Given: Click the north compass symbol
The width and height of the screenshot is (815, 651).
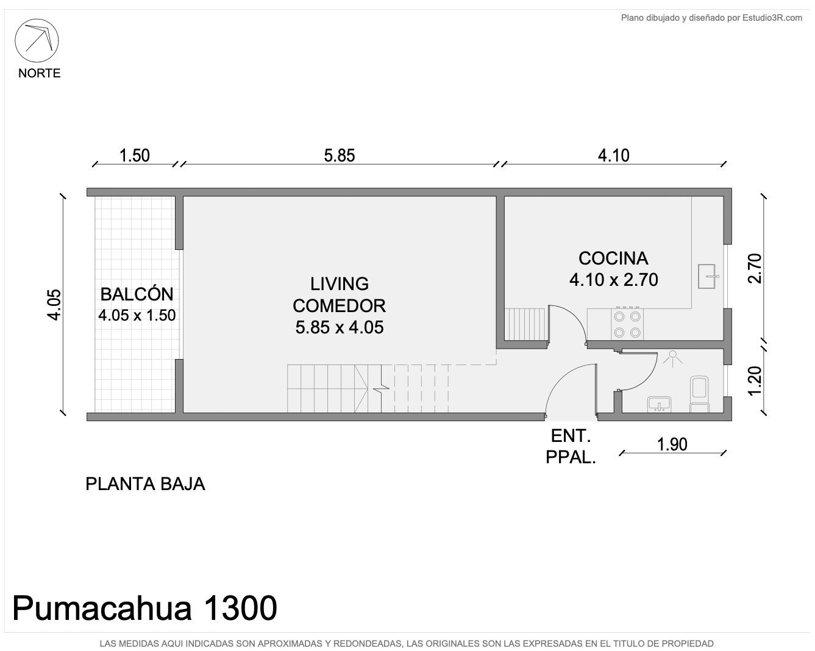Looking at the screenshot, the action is [37, 40].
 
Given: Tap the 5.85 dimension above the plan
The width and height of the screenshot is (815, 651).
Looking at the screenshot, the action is [340, 155].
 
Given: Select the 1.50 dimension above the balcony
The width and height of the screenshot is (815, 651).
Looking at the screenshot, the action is [135, 155].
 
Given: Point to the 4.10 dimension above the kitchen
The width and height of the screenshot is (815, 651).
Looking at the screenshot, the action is [613, 155].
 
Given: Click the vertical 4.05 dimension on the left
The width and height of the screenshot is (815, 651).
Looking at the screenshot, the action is [54, 305].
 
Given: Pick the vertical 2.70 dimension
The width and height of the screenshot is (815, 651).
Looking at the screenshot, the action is [755, 268].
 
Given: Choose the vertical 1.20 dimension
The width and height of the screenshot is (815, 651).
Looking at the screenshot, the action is [755, 381].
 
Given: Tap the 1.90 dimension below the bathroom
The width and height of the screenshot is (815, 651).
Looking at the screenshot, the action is [672, 444].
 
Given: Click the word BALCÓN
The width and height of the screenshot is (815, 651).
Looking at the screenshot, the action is [137, 294].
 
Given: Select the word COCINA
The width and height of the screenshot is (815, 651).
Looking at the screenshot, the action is [613, 258].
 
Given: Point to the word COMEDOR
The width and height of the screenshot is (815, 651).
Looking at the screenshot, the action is [340, 305].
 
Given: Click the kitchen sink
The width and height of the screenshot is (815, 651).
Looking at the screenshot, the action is [708, 277].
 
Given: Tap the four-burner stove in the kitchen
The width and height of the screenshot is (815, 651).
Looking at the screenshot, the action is [627, 324].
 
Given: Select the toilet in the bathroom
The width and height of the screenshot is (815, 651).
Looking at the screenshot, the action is [699, 394].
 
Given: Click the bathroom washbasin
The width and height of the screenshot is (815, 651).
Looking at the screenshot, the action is [660, 404].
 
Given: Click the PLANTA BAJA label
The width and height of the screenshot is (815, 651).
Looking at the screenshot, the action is [146, 484].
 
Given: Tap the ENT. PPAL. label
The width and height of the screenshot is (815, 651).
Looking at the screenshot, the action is [571, 447].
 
